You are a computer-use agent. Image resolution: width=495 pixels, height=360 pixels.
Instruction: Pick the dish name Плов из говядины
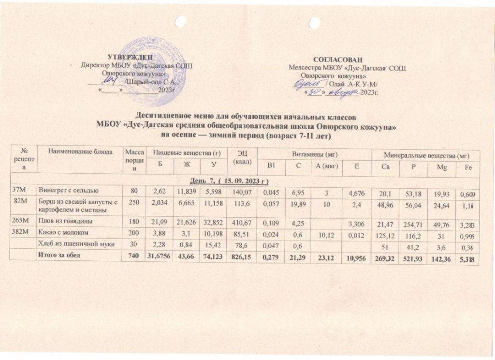64,221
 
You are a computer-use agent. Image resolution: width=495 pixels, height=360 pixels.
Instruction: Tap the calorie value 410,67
242,221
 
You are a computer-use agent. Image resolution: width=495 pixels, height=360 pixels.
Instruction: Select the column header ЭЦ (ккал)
242,157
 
